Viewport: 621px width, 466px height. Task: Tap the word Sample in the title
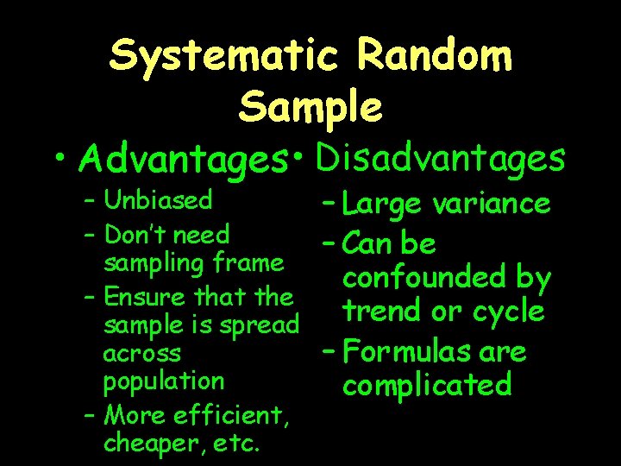[x=311, y=107]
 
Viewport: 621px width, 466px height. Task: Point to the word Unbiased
[x=158, y=200]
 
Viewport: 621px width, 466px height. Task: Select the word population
[x=163, y=381]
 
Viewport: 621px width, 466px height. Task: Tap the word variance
[x=492, y=205]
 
